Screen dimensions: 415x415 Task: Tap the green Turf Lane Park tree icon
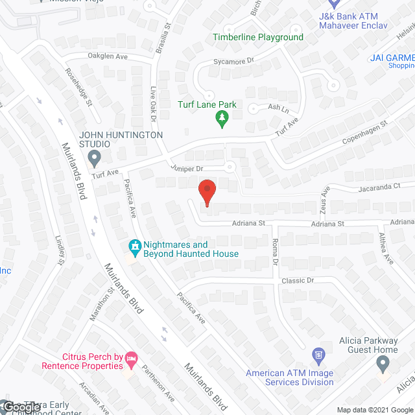pos(222,117)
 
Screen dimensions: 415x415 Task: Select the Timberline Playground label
pos(258,37)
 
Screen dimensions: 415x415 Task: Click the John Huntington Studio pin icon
pos(95,156)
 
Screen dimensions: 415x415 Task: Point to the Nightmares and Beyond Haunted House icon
pos(135,246)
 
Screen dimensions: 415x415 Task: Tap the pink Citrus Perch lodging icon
pos(132,358)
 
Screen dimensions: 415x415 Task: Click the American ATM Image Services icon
pos(318,355)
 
